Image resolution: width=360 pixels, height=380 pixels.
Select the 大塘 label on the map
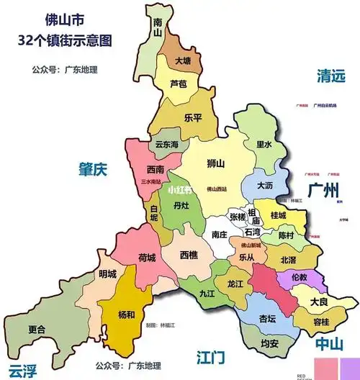[183, 61]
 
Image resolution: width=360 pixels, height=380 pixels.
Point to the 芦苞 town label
[178, 84]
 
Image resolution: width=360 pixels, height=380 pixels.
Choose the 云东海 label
[168, 144]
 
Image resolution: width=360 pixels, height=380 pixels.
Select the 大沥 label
[265, 185]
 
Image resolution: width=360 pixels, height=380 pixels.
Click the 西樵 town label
[189, 255]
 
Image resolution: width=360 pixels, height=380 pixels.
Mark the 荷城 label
[146, 257]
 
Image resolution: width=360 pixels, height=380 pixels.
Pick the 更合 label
[37, 330]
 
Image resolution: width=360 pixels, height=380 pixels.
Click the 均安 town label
[269, 343]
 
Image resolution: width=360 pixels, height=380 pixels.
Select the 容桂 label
[320, 321]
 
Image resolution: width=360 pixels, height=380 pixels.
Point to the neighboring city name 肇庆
[93, 171]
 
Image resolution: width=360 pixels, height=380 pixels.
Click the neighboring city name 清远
[331, 76]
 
